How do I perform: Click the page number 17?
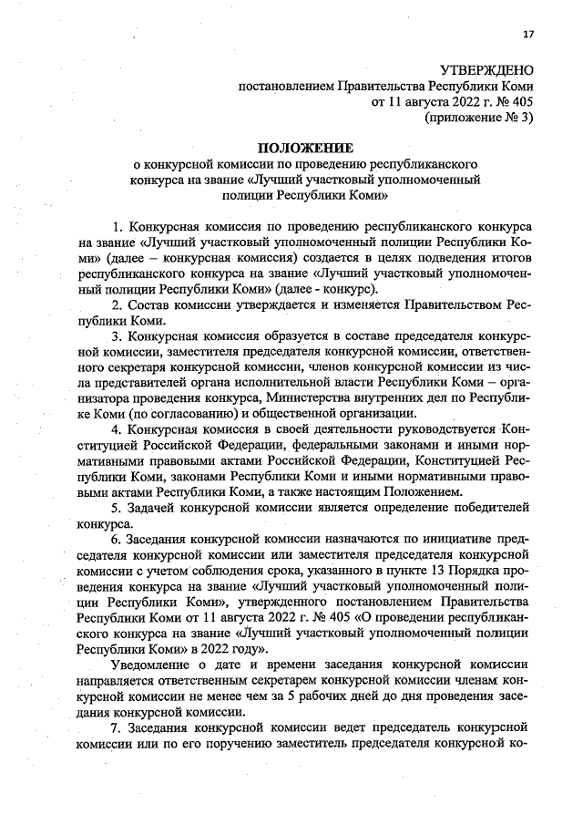coord(527,35)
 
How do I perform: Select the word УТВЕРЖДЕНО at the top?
coord(486,71)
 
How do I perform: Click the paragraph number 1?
coord(116,224)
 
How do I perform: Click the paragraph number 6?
coord(116,539)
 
